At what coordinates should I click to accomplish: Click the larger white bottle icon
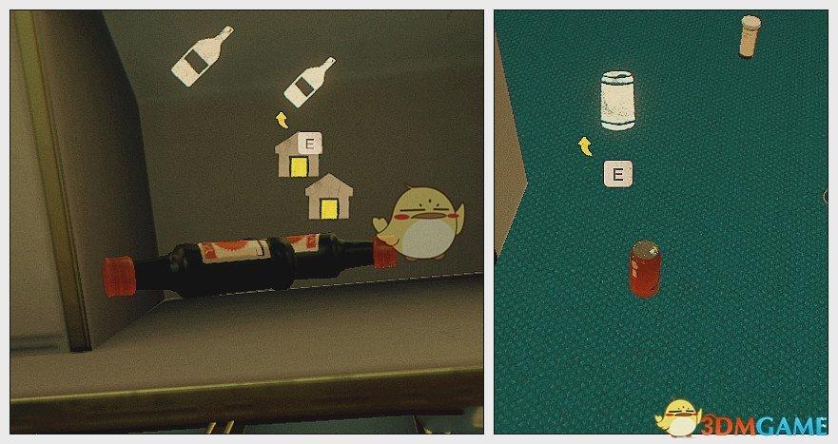click(x=201, y=57)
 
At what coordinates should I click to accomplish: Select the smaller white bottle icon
click(x=309, y=82)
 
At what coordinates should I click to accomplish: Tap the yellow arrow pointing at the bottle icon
click(x=282, y=120)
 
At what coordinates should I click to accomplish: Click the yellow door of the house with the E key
click(x=298, y=167)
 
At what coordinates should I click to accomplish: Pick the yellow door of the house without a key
click(x=328, y=208)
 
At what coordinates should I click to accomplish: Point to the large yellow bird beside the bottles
click(x=420, y=223)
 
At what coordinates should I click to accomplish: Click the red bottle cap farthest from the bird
click(x=118, y=276)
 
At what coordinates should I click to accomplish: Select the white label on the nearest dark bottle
click(x=234, y=251)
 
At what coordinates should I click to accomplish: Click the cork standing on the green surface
click(x=750, y=36)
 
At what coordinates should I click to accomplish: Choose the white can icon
click(x=617, y=101)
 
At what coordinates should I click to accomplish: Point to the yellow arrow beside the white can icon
click(x=586, y=145)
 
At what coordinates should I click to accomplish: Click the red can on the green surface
click(x=645, y=268)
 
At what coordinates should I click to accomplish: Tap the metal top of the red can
click(x=646, y=248)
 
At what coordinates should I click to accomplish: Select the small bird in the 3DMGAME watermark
click(x=677, y=417)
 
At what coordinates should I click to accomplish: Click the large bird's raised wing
click(x=382, y=225)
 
